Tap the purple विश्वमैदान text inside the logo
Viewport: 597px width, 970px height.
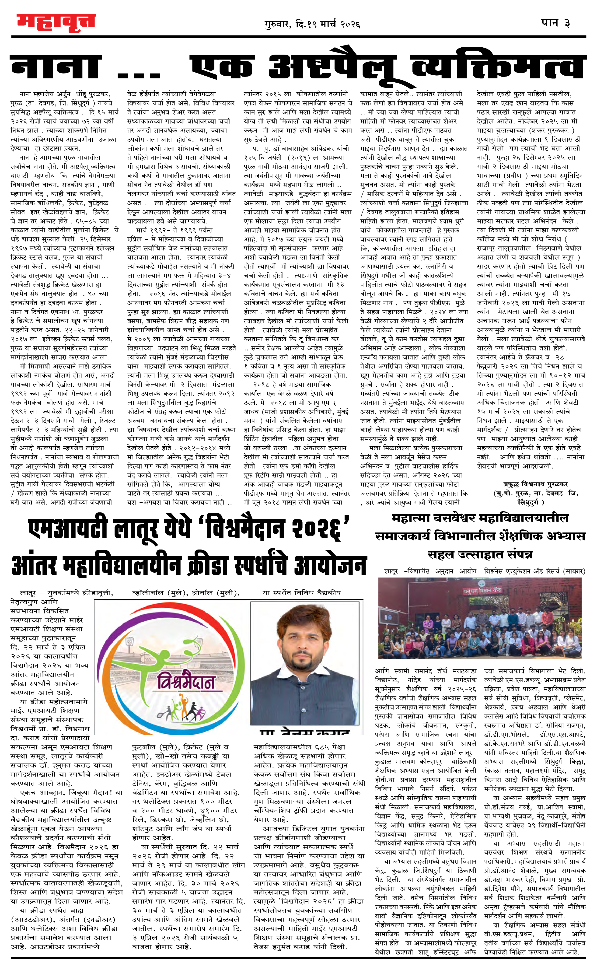[185, 683]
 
